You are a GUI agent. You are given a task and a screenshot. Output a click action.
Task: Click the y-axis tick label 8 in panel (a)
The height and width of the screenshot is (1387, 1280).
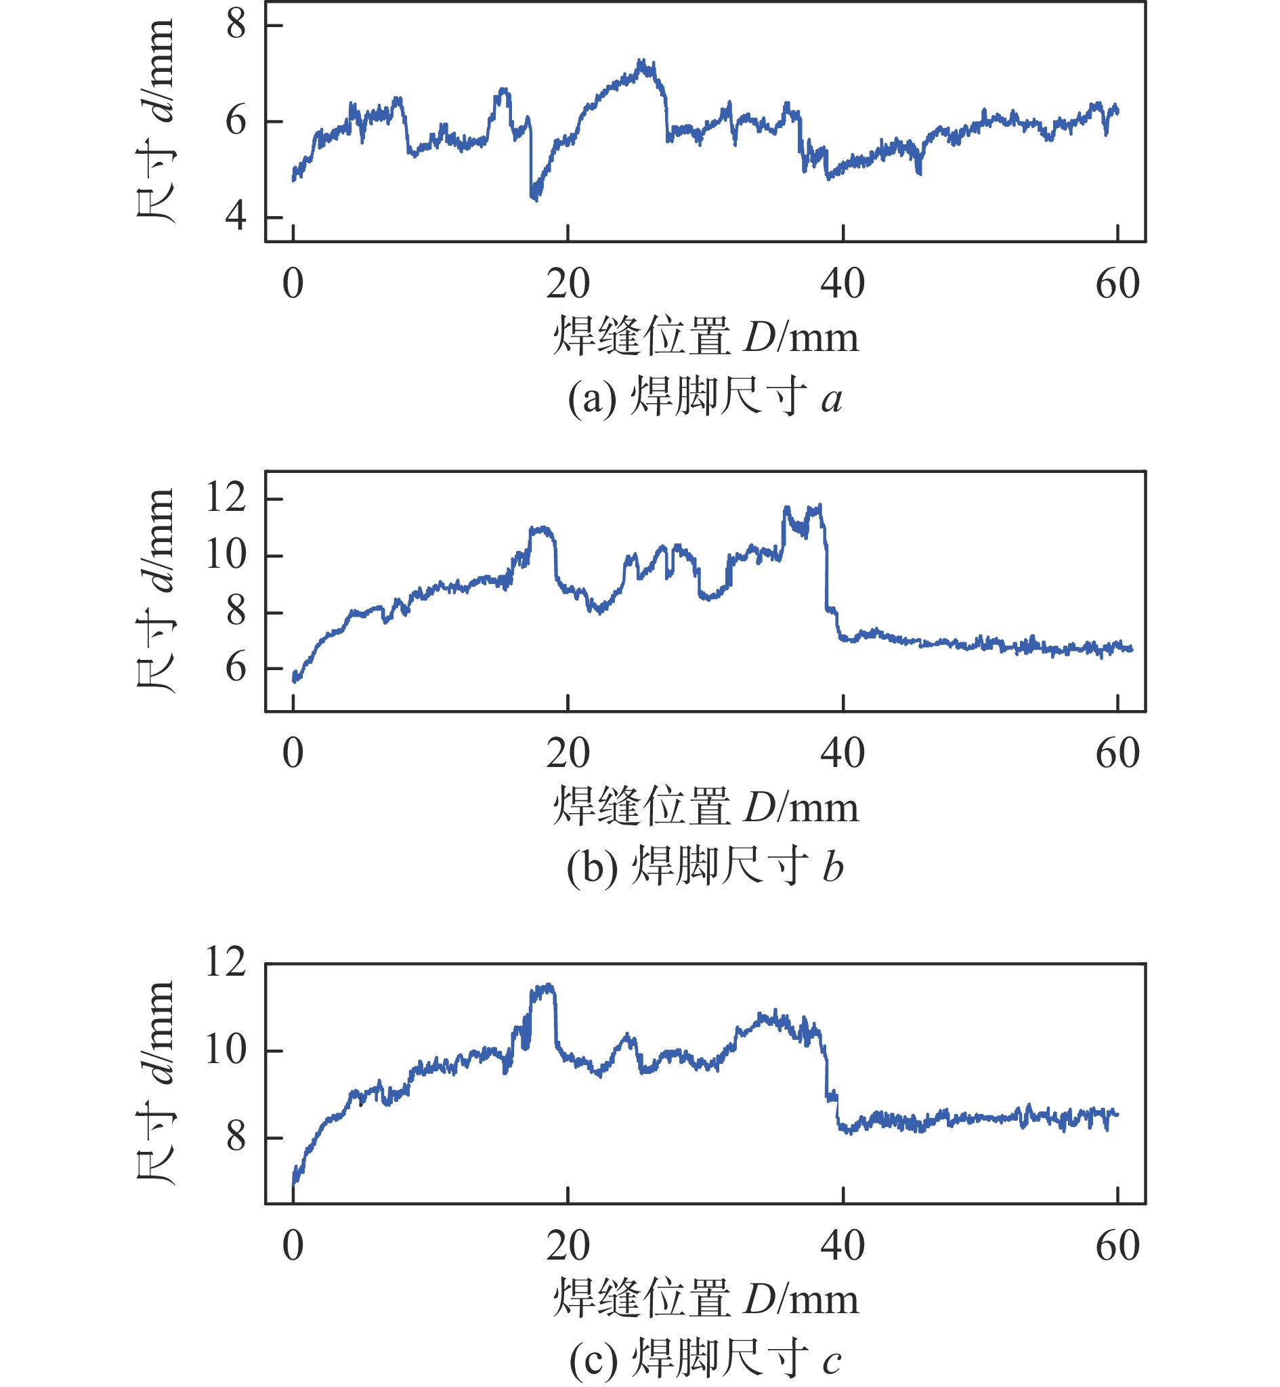(x=236, y=25)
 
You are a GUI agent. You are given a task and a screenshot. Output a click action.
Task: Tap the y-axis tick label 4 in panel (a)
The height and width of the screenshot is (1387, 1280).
(x=236, y=217)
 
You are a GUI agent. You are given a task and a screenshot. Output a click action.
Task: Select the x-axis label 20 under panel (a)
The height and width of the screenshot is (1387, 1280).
(x=568, y=284)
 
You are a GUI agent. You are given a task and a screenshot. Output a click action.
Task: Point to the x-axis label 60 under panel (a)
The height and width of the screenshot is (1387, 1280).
(x=1117, y=284)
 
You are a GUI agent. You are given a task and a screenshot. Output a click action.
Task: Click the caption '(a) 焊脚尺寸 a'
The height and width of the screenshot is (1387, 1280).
(x=704, y=398)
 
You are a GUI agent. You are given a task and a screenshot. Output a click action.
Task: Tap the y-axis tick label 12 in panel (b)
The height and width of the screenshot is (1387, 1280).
(x=226, y=497)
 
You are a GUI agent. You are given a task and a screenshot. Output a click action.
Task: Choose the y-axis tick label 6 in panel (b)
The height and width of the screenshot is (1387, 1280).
(x=236, y=668)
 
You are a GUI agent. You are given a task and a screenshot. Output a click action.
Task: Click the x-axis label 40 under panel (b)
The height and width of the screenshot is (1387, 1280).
(x=842, y=753)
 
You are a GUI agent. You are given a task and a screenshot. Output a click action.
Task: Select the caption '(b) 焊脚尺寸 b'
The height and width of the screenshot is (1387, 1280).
(x=704, y=867)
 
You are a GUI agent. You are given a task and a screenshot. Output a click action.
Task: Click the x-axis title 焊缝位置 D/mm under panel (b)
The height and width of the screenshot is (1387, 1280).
(x=705, y=806)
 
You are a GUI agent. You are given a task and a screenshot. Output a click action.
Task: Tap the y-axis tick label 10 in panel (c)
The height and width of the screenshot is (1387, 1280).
(x=226, y=1050)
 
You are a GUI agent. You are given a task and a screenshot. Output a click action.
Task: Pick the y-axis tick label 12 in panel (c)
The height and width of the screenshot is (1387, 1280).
(x=226, y=962)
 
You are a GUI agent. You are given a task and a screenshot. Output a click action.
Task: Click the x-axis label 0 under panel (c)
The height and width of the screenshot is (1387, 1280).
(x=293, y=1245)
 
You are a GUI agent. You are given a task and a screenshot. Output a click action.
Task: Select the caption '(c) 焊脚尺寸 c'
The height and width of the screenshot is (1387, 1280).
(x=704, y=1359)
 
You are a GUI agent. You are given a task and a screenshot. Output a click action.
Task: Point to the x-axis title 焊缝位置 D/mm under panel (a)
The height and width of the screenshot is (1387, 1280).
(x=705, y=337)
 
